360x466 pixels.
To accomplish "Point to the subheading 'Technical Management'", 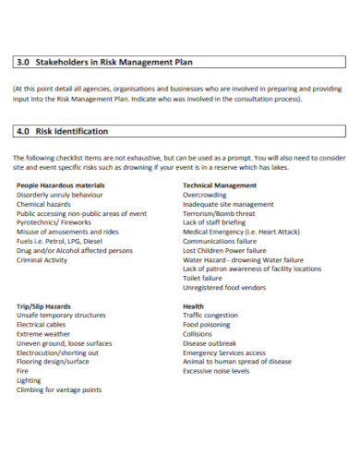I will coord(220,185).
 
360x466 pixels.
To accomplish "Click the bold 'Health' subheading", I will coord(193,305).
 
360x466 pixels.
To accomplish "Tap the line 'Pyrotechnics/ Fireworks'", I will coord(54,222).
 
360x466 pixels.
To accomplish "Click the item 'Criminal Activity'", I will coord(42,259).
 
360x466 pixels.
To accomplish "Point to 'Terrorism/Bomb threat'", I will coord(220,213).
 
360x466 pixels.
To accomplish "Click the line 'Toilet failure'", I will coord(202,278).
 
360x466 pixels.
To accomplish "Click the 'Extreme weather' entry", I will coord(42,333).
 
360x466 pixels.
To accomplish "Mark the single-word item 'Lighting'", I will coord(29,379).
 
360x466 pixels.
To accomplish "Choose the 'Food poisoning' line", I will coord(207,324).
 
